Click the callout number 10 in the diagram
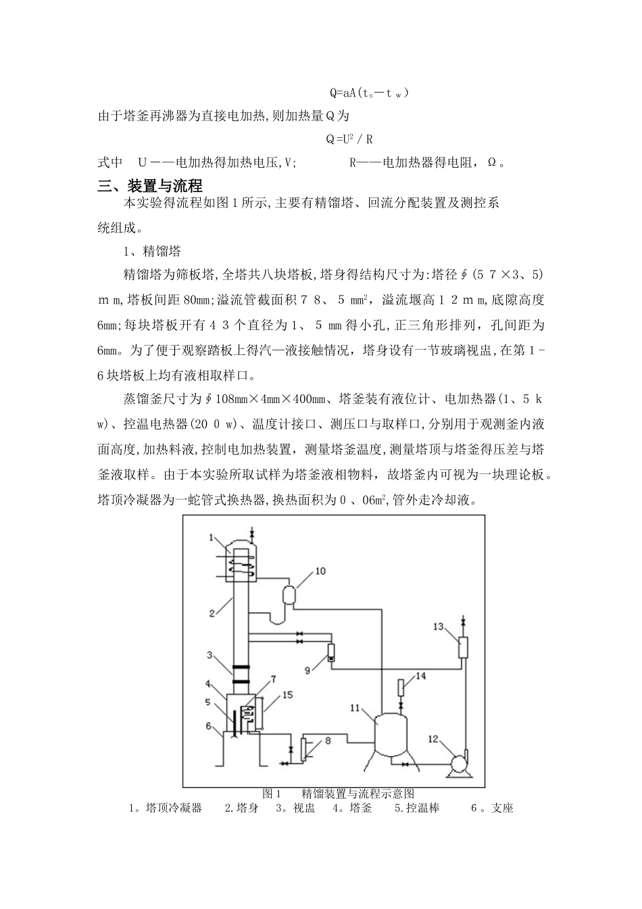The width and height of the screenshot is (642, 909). tap(320, 571)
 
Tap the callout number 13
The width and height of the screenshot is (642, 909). tap(437, 626)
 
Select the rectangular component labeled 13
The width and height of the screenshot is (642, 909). tap(463, 647)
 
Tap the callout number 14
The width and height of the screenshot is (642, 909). tap(420, 675)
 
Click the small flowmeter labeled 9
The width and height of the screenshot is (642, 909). tap(331, 653)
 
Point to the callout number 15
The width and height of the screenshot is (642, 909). tap(287, 695)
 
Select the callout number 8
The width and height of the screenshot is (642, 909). tap(328, 741)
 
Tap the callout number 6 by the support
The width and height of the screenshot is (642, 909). tap(209, 725)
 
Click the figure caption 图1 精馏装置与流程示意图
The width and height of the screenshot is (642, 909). tap(337, 793)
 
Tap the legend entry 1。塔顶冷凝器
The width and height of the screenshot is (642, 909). tap(166, 808)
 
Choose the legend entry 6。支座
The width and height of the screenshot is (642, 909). tap(492, 808)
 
